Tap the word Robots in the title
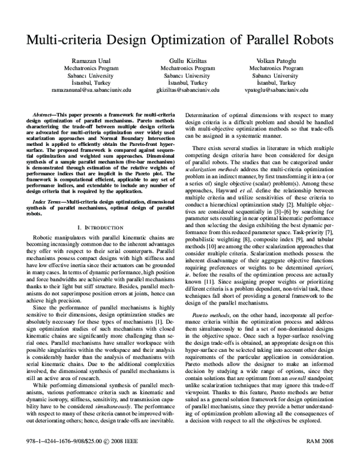pyautogui.click(x=307, y=40)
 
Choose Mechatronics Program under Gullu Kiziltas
pyautogui.click(x=180, y=69)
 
